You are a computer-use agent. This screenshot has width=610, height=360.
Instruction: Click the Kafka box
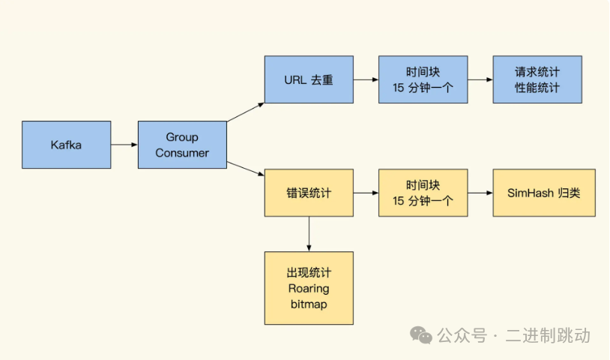point(67,145)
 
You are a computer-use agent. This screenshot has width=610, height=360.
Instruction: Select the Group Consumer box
point(182,145)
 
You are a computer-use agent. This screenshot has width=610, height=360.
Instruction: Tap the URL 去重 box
point(309,79)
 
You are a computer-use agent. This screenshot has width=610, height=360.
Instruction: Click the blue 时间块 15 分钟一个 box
point(423,79)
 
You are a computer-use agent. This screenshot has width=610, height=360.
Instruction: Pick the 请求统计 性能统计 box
point(537,79)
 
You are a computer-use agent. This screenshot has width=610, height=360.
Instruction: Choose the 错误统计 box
point(309,193)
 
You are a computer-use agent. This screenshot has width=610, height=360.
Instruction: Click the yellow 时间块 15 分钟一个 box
point(423,193)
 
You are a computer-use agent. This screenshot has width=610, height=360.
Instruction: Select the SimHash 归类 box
point(543,193)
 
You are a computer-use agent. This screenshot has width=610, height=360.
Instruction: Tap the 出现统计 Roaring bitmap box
point(309,288)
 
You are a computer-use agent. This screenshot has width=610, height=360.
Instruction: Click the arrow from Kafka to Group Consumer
point(124,145)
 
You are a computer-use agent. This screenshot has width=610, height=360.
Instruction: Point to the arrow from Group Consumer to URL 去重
point(246,111)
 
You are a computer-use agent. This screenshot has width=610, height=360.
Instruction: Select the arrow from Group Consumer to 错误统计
point(246,170)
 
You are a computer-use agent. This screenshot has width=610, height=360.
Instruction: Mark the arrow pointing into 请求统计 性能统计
point(480,79)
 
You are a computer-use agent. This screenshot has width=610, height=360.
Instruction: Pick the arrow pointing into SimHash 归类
point(480,193)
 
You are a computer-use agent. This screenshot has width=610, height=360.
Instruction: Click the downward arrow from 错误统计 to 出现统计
point(309,234)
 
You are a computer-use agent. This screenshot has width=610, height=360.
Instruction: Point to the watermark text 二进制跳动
point(548,335)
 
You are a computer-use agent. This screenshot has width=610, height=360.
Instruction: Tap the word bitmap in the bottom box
point(309,304)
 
